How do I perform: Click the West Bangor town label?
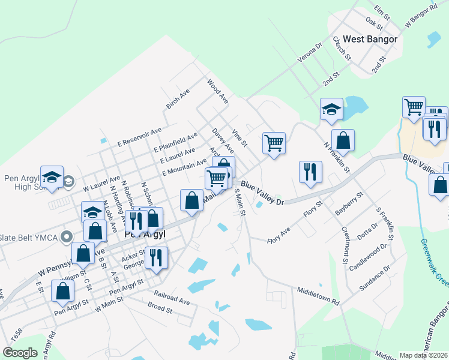tap(370, 39)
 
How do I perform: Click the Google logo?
tap(20, 353)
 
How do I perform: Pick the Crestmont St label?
tap(345, 245)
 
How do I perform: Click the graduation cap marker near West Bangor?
tap(331, 110)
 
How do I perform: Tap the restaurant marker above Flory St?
tap(310, 172)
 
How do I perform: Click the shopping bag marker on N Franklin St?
tap(343, 141)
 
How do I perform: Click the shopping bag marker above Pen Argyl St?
tap(63, 291)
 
